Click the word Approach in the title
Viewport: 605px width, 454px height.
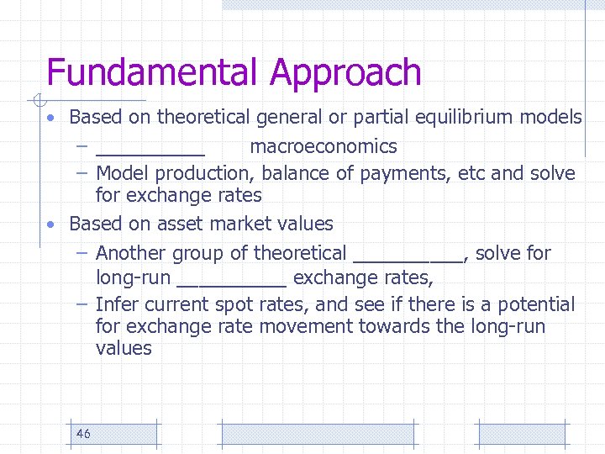[345, 74]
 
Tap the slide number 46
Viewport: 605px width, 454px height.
[83, 434]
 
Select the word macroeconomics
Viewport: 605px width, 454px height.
[324, 146]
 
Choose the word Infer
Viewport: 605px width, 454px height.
[116, 304]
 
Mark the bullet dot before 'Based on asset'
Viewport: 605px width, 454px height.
[52, 224]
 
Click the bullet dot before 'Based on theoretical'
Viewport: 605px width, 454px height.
[52, 117]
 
